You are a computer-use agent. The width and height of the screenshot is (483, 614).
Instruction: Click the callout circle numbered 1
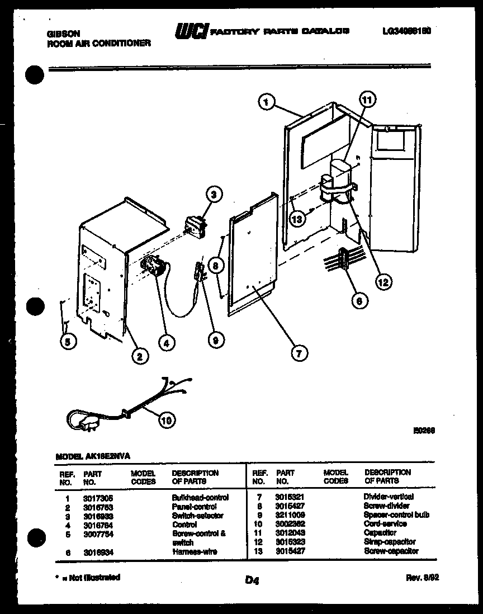tap(267, 102)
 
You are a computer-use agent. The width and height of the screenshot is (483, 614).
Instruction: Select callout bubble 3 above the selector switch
tap(214, 195)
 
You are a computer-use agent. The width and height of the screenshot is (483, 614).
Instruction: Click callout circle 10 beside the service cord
tap(167, 419)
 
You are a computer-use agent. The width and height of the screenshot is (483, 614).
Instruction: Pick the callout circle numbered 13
tap(297, 219)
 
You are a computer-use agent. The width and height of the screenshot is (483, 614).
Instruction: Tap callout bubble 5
tap(67, 342)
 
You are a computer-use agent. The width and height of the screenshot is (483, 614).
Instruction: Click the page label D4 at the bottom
tap(252, 581)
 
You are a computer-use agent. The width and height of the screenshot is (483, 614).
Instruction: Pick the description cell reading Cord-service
tap(385, 524)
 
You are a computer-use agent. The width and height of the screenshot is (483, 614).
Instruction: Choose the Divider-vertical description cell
tap(389, 497)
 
